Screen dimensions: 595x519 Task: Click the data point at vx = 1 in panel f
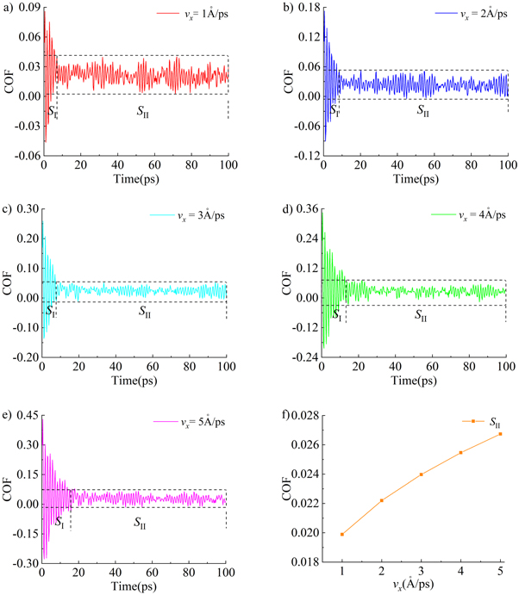pyautogui.click(x=342, y=534)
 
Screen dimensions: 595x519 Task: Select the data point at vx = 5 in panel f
pyautogui.click(x=500, y=434)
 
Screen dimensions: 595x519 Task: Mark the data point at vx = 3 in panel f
pyautogui.click(x=422, y=474)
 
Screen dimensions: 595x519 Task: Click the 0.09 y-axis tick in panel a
pyautogui.click(x=28, y=8)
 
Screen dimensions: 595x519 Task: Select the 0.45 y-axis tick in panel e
pyautogui.click(x=28, y=415)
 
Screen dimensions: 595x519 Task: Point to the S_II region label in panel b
pyautogui.click(x=422, y=110)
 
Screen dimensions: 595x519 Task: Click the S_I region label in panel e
pyautogui.click(x=59, y=521)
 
